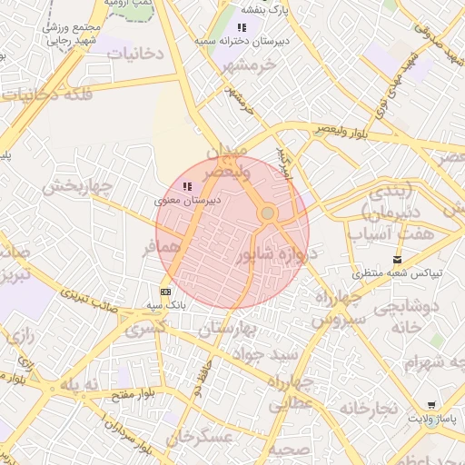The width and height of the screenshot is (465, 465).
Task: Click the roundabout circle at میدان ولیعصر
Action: tap(267, 213)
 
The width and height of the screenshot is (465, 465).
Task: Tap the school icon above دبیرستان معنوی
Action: tap(187, 187)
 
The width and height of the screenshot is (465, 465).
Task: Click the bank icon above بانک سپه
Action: tap(165, 292)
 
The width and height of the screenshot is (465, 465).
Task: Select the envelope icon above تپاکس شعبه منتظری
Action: tap(397, 260)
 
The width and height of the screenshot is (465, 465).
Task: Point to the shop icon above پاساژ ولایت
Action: tap(430, 404)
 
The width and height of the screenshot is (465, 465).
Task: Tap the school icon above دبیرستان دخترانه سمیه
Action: tap(241, 28)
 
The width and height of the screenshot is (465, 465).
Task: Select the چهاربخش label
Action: tap(76, 188)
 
